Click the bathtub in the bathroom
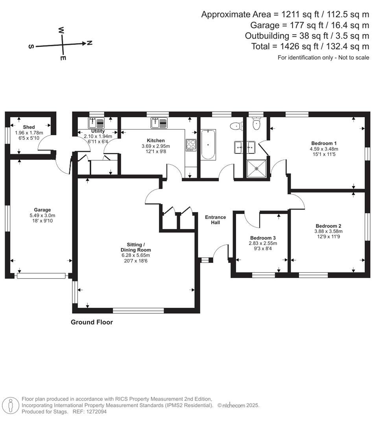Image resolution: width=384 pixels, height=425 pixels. [x=209, y=145]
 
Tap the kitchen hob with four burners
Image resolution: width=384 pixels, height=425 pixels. [x=191, y=144]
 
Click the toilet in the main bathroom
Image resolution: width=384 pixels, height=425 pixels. [x=235, y=126]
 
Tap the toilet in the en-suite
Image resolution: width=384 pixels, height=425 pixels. [x=257, y=124]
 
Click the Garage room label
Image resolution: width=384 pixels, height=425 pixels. [x=42, y=210]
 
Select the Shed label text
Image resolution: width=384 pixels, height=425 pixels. [x=29, y=127]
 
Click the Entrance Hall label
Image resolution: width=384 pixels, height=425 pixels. [x=216, y=220]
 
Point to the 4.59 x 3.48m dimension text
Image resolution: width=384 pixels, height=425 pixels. [x=324, y=149]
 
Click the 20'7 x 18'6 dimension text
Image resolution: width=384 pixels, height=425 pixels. [x=136, y=261]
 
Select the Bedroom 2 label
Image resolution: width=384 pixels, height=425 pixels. [x=328, y=226]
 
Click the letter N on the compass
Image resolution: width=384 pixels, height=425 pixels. [x=90, y=42]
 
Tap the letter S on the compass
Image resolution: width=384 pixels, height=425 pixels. [x=31, y=46]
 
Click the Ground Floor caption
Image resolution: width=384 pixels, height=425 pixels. [x=92, y=322]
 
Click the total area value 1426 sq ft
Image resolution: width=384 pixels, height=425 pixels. [x=296, y=46]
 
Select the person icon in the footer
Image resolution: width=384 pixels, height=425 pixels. [x=11, y=405]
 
